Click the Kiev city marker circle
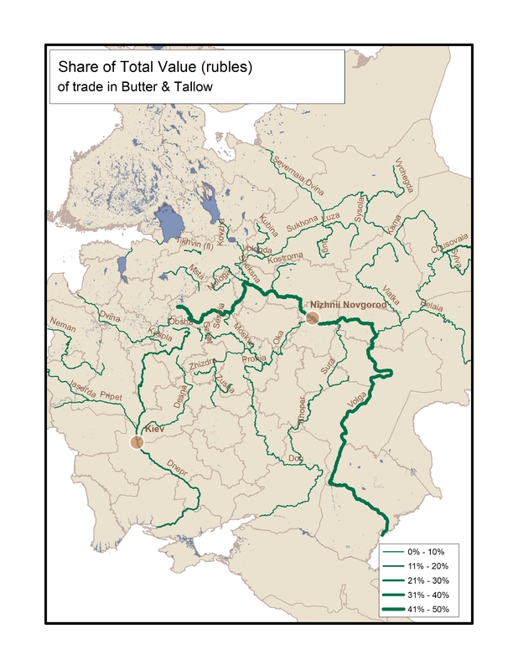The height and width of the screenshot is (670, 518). pyautogui.click(x=138, y=442)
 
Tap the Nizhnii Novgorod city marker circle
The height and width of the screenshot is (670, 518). pyautogui.click(x=312, y=317)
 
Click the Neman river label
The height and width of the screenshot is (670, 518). pyautogui.click(x=63, y=322)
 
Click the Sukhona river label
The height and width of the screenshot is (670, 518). pyautogui.click(x=302, y=226)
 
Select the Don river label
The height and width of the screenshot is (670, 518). pyautogui.click(x=294, y=459)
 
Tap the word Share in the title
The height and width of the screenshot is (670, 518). pyautogui.click(x=73, y=65)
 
